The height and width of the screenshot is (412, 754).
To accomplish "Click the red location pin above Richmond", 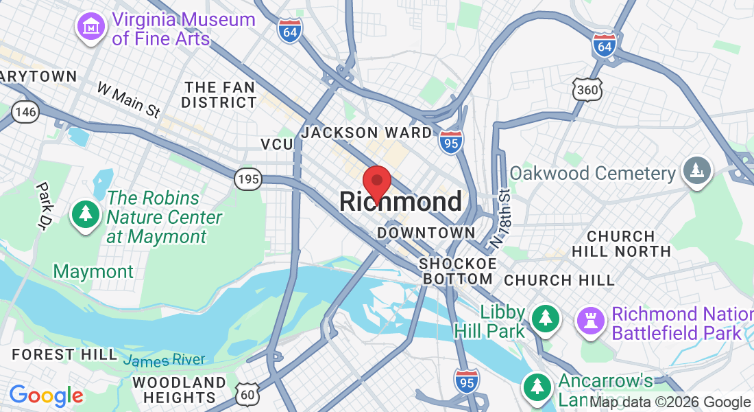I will click(376, 183).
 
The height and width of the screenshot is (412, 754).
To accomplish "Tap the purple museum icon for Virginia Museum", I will click(90, 27).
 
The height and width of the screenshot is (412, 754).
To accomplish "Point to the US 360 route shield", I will click(588, 89).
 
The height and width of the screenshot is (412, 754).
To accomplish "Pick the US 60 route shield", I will click(247, 393).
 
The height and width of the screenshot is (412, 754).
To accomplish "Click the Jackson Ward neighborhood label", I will click(367, 133).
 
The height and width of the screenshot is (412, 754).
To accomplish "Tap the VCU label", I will click(276, 144).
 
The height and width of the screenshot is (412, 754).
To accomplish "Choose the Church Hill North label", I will click(621, 244).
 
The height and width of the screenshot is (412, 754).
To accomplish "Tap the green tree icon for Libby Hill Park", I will click(545, 317).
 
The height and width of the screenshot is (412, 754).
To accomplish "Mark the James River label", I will click(164, 359).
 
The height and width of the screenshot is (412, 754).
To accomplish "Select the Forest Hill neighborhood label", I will click(64, 354).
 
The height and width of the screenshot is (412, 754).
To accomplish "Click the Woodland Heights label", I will click(180, 390).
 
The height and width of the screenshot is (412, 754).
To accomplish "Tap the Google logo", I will click(47, 396).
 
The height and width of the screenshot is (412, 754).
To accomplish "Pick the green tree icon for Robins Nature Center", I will click(86, 214).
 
